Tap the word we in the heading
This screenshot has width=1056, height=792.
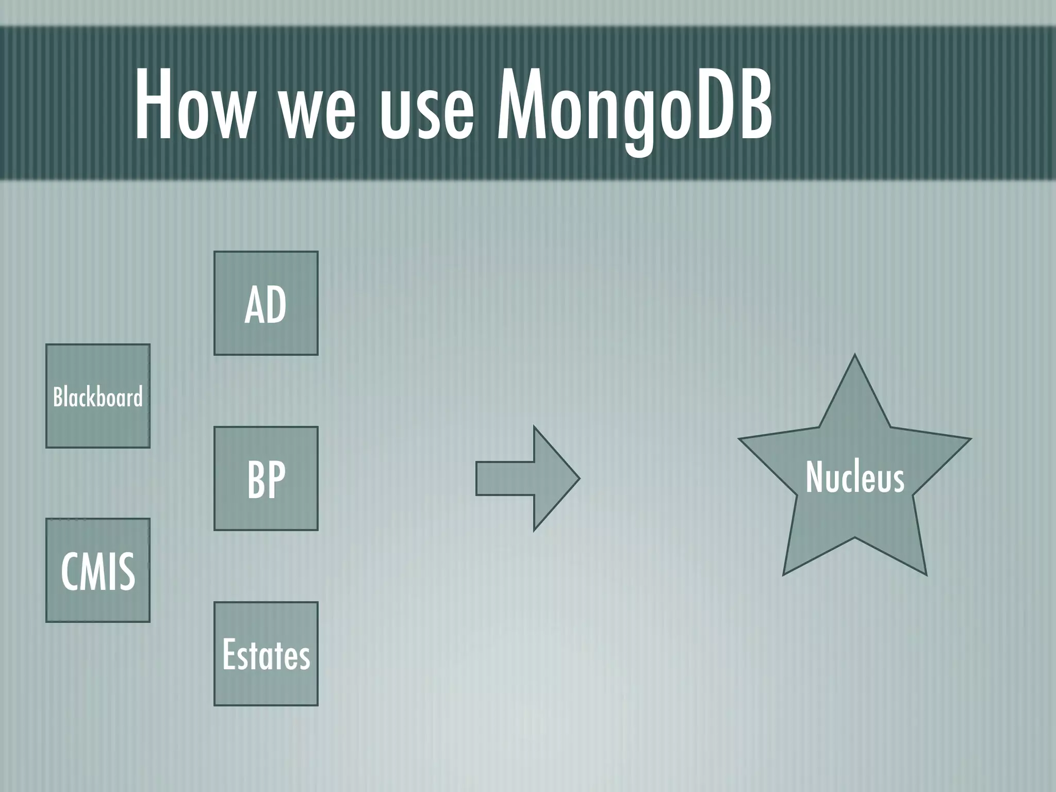(x=317, y=111)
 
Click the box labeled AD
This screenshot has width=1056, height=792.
(x=266, y=303)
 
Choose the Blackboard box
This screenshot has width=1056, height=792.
(x=98, y=396)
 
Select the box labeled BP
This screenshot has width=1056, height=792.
(x=266, y=478)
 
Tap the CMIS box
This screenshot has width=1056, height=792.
(x=98, y=570)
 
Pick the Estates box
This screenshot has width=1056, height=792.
(x=266, y=654)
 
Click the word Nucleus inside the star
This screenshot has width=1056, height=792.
(x=854, y=477)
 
